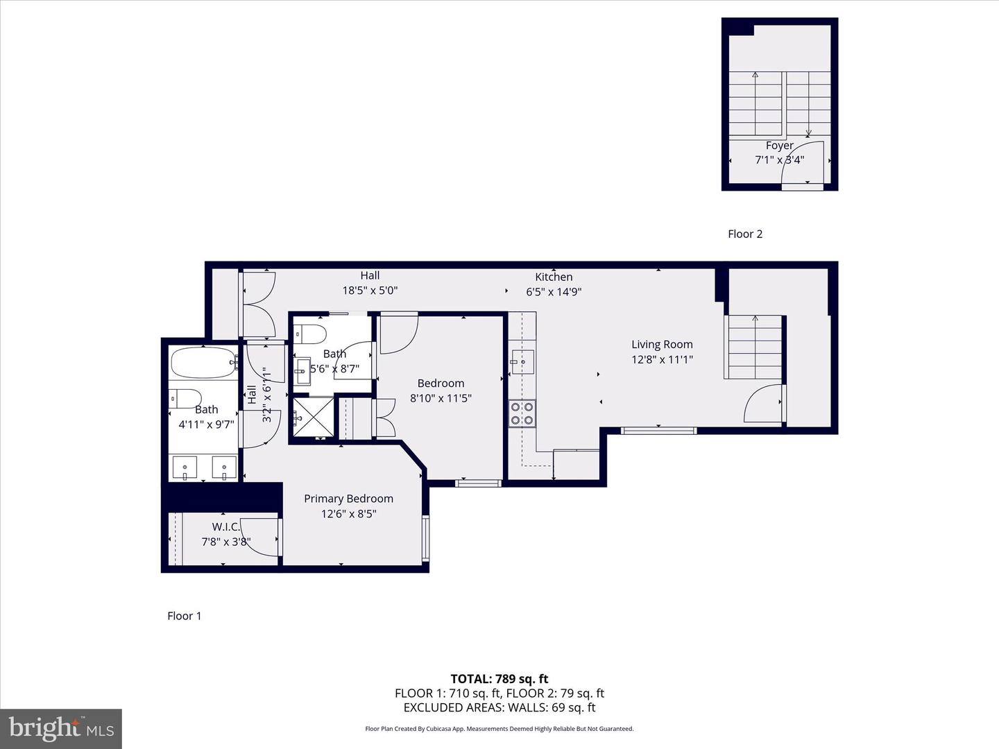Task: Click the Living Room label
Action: (662, 344)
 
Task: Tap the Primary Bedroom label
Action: (348, 499)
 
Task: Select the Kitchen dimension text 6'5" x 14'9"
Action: (554, 292)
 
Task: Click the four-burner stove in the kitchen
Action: (522, 413)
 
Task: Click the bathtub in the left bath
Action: (203, 362)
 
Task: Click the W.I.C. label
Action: (225, 527)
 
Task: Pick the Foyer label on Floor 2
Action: (779, 146)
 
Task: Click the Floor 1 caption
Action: (184, 616)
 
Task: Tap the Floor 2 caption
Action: (745, 234)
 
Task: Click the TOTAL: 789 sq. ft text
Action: (499, 679)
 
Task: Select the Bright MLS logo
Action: (61, 728)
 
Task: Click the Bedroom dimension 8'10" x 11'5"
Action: (441, 399)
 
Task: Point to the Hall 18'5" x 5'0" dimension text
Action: (370, 291)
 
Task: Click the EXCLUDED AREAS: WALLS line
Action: (499, 707)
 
